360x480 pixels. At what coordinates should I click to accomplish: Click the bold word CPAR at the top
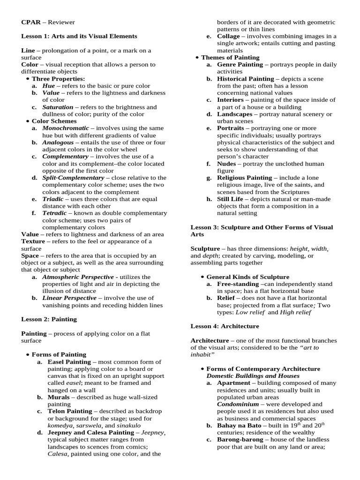click(30, 22)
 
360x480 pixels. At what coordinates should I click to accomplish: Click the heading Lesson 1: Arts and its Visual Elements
click(79, 36)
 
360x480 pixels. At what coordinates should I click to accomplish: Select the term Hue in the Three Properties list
click(48, 86)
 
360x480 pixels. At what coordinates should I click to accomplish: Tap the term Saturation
click(58, 107)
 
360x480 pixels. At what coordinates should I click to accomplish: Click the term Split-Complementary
click(73, 178)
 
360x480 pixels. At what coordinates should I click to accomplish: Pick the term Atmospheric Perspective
click(78, 277)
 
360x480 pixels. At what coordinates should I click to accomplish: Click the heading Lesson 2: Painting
click(49, 319)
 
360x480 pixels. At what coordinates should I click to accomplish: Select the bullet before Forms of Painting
click(29, 354)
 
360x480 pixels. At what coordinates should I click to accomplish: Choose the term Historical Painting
click(245, 79)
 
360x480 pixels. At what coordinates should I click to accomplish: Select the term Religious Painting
click(244, 178)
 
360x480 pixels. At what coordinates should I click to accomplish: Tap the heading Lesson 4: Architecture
click(225, 326)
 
